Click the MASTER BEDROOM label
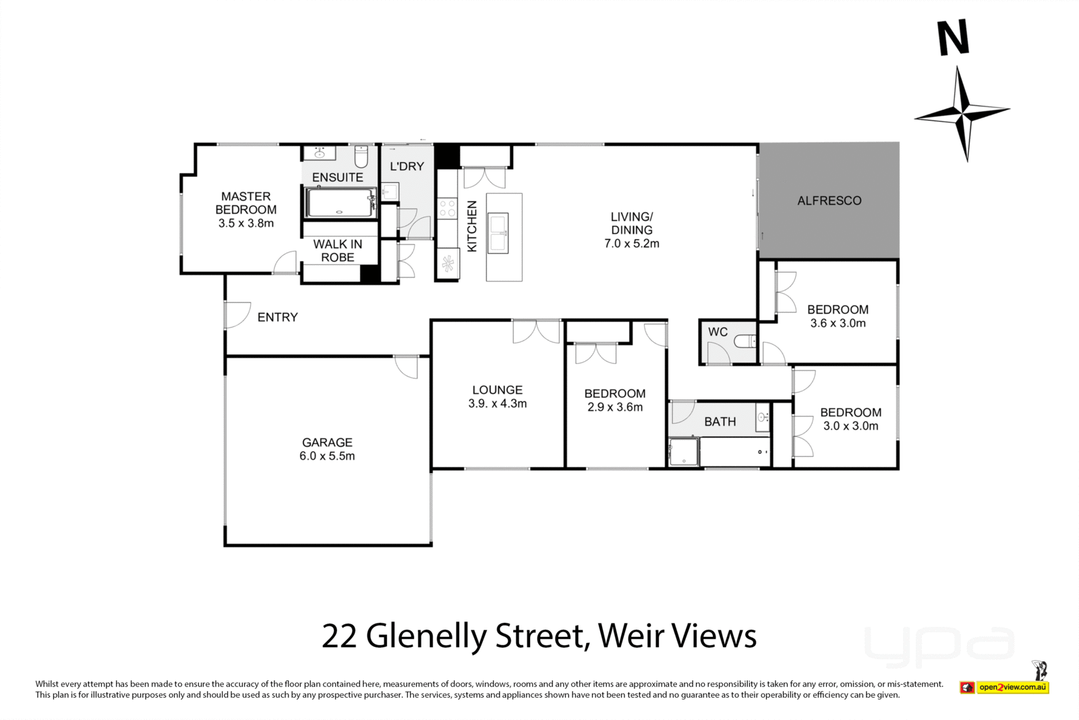coord(245,202)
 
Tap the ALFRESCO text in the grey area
coord(829,200)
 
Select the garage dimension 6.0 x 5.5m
coord(327,456)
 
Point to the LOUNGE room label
coord(497,390)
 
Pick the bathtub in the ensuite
coord(340,202)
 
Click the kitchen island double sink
coord(498,233)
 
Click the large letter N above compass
coord(954,38)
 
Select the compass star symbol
coord(962,113)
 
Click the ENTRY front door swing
coord(236,314)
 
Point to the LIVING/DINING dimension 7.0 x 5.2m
coord(631,244)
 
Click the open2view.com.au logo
coord(1012,688)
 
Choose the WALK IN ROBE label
coord(337,250)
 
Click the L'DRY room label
coord(407,166)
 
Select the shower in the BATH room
coord(684,451)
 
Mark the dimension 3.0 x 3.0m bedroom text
coord(850,426)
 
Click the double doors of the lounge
coord(536,331)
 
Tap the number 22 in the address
coord(339,636)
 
